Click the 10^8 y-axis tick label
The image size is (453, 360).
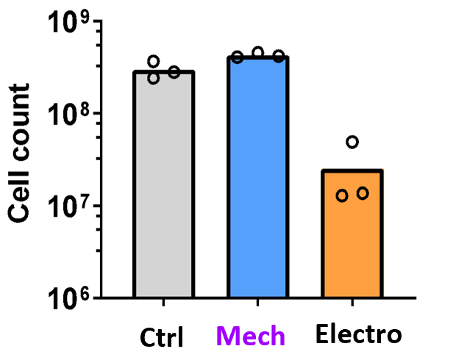(70, 116)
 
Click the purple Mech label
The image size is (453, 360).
(254, 336)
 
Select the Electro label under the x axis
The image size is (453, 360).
(360, 336)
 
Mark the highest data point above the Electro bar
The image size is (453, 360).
(352, 142)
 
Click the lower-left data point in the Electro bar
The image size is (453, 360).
(342, 195)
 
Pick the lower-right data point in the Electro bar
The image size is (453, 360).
(363, 193)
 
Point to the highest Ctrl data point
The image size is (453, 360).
(154, 61)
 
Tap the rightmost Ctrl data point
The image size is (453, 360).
(174, 71)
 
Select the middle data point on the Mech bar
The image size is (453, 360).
(258, 52)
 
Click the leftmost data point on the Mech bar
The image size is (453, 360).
(238, 57)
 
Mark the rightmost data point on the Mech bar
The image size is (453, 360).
(279, 56)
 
